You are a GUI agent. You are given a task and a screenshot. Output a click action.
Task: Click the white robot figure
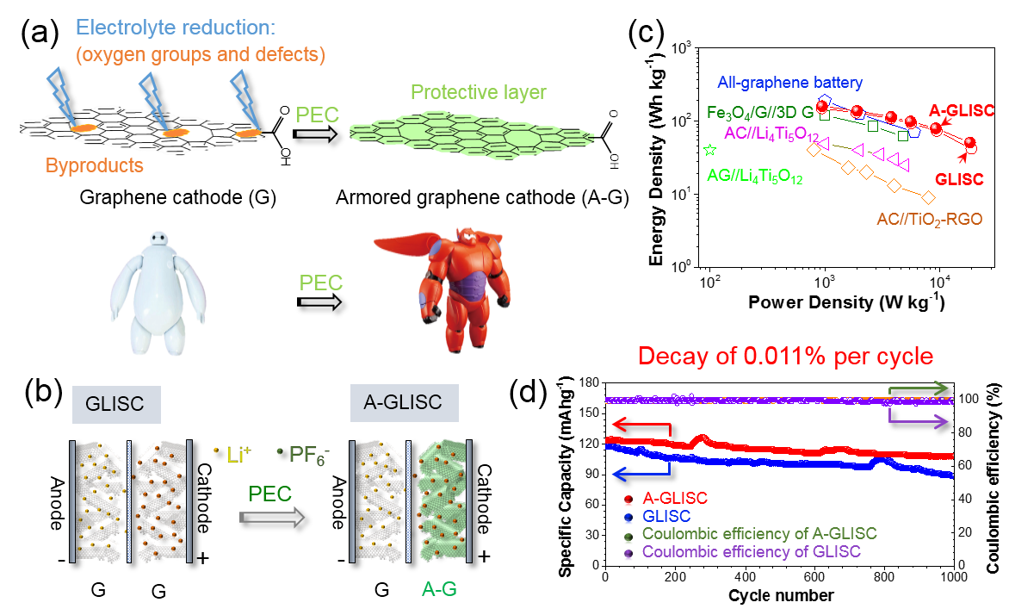(157, 293)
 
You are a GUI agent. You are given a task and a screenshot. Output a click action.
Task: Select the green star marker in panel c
(709, 150)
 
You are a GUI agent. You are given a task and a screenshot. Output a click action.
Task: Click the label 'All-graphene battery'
(789, 83)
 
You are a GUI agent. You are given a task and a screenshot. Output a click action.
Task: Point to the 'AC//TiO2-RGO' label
(929, 221)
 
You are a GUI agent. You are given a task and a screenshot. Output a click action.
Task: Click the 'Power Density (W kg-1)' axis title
(846, 302)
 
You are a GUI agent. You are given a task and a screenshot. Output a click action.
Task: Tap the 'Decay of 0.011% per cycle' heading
(785, 356)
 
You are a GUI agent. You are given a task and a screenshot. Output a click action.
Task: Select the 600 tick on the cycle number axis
(814, 577)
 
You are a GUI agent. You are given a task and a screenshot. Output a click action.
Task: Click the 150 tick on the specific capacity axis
(590, 413)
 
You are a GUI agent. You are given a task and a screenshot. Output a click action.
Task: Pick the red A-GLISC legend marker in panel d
(628, 499)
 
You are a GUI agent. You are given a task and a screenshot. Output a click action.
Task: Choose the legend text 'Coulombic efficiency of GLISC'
(751, 552)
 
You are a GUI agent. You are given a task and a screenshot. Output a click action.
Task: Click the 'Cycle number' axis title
(781, 596)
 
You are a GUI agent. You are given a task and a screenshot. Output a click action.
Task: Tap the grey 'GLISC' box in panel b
(116, 404)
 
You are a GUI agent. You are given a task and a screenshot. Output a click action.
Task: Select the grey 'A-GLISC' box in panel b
(404, 402)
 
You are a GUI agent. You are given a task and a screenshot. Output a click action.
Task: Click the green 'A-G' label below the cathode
(439, 588)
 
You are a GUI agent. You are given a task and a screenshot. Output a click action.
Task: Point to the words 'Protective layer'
(478, 92)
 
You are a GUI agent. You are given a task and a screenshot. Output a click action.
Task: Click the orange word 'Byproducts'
(95, 165)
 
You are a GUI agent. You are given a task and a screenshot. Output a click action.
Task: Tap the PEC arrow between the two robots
(319, 302)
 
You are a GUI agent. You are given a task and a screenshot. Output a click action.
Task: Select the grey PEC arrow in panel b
(271, 517)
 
